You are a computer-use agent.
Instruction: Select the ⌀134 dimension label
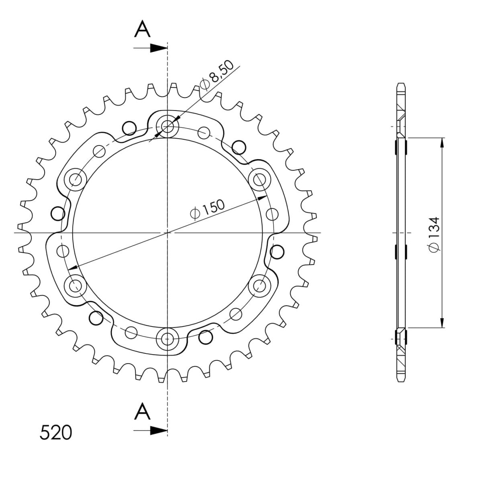pos(434,235)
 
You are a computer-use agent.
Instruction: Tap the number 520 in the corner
pos(56,432)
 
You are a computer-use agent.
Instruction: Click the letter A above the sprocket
pos(143,29)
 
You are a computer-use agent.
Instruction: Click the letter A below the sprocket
pos(143,412)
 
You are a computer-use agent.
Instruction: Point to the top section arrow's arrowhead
pos(160,48)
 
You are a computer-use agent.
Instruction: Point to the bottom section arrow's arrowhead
pos(160,431)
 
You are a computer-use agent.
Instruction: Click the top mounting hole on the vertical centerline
pos(167,126)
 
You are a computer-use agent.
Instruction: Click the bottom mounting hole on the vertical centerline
pos(167,339)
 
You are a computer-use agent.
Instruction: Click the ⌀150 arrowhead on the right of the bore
pos(263,198)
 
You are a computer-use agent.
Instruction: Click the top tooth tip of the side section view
pos(401,85)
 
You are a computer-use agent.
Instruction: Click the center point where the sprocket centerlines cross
pos(167,233)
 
